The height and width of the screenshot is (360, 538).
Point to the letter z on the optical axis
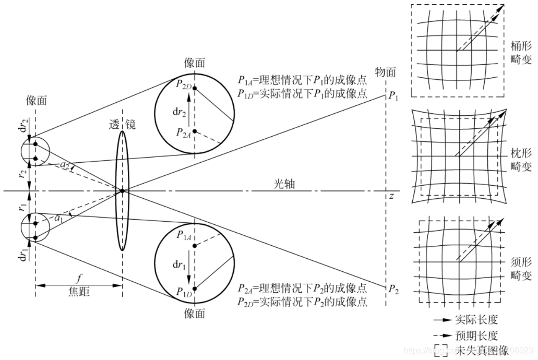(x=391, y=196)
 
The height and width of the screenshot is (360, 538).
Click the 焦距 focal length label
(x=79, y=293)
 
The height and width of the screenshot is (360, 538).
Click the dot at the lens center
(x=122, y=191)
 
